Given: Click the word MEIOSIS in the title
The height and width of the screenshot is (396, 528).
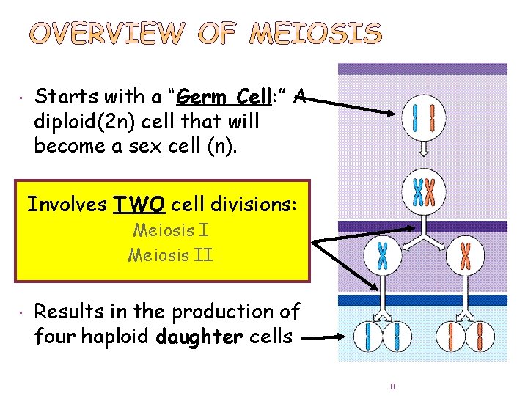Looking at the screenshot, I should coord(316,33).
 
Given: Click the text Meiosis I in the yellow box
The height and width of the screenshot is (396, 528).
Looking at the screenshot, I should coord(171,230).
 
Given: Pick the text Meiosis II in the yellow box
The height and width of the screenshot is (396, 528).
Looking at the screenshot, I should coord(171,256).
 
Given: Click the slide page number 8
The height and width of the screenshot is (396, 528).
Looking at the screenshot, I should coord(393,386).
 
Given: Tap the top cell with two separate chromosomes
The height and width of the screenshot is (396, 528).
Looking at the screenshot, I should coord(423,119).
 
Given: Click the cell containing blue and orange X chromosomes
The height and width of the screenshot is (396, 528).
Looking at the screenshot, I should coord(423,192).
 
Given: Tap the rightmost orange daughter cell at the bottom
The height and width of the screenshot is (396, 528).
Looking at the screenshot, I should coord(485,338).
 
